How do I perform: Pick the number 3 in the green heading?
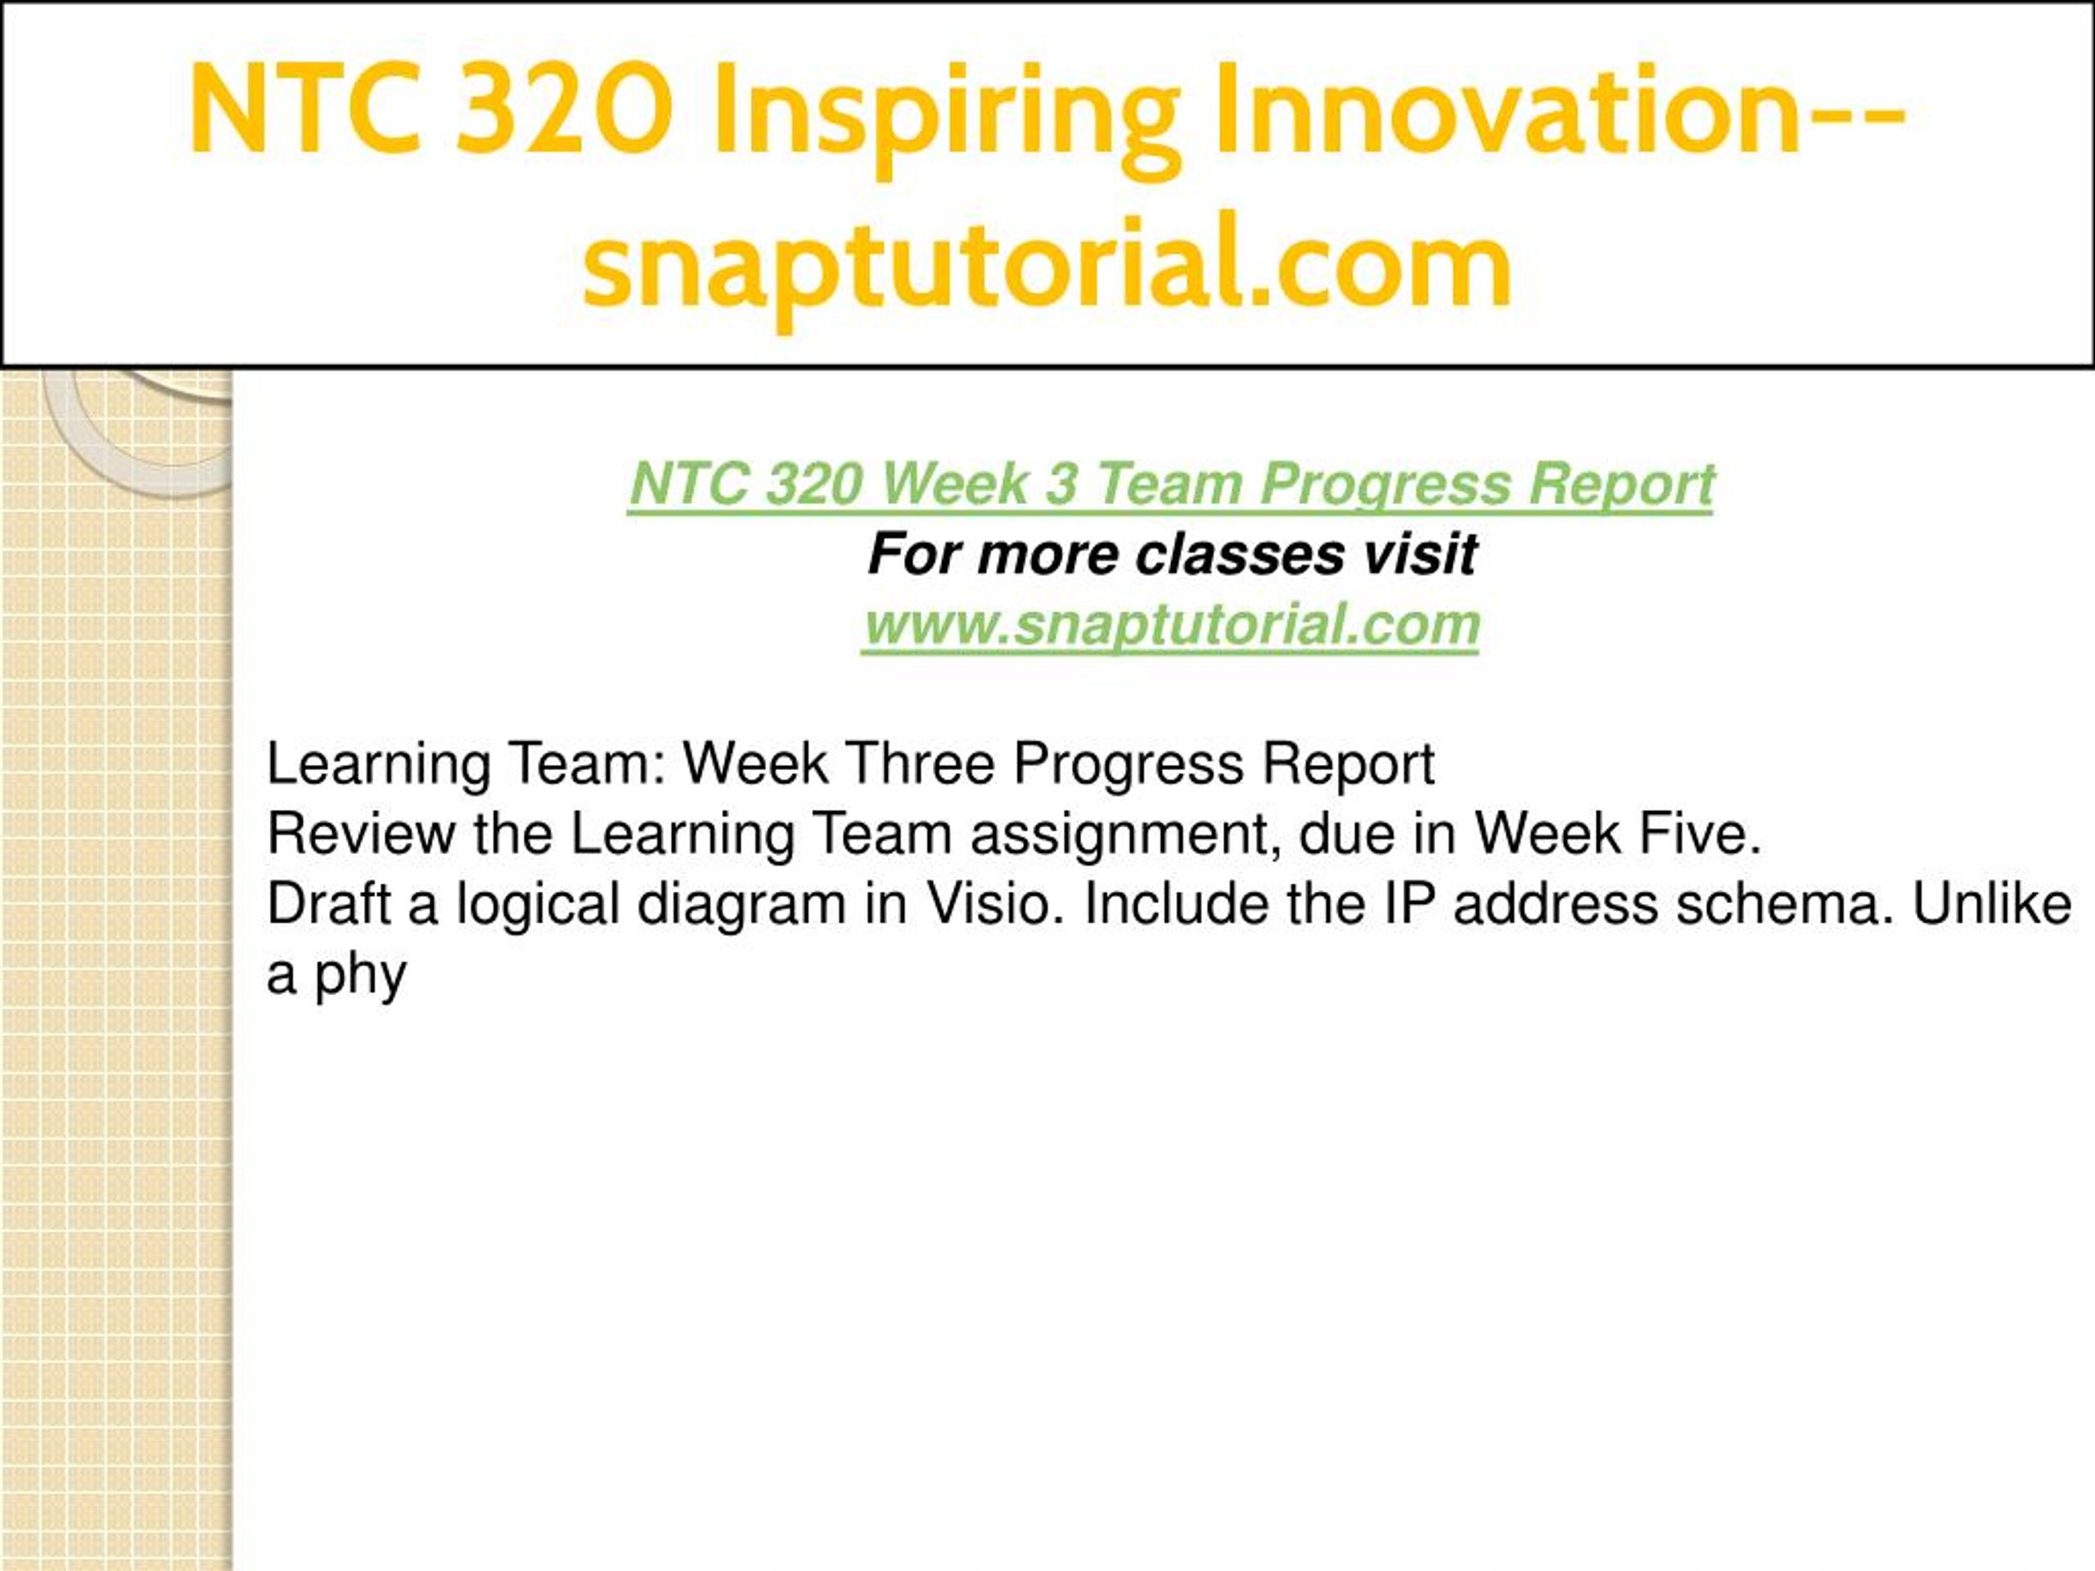[1061, 484]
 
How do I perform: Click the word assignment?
[1122, 836]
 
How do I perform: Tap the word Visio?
[998, 903]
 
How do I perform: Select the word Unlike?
[1992, 903]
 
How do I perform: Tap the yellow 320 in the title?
[565, 109]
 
